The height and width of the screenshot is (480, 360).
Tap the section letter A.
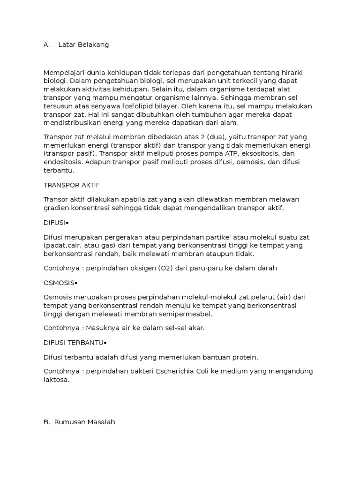click(x=46, y=45)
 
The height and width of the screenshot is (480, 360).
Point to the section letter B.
click(x=46, y=422)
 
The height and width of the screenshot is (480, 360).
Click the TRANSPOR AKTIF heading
click(x=72, y=186)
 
